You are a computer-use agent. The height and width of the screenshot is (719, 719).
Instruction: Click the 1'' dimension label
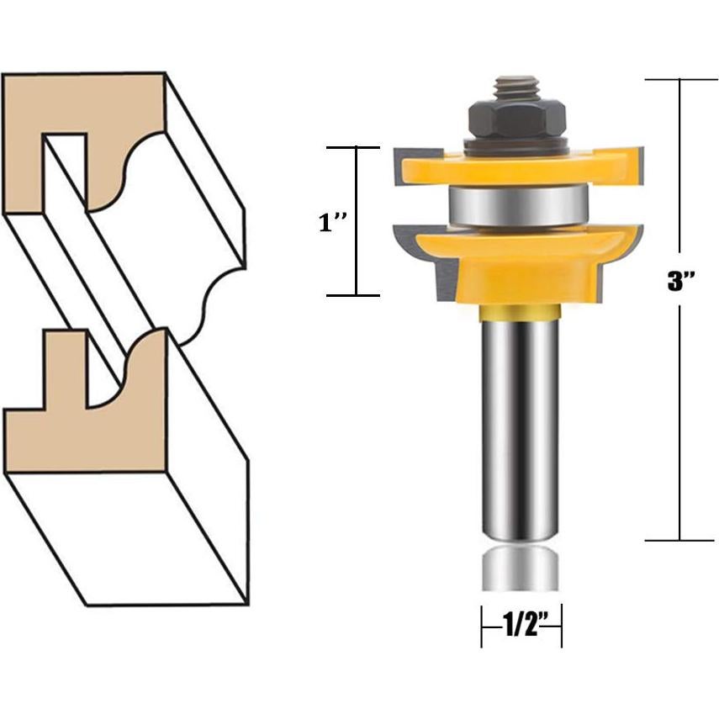click(330, 224)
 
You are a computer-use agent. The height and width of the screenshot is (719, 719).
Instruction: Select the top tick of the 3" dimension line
click(680, 79)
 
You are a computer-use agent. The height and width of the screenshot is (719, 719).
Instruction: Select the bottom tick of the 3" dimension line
click(680, 540)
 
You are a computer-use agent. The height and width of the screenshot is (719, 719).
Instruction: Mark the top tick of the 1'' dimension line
click(354, 147)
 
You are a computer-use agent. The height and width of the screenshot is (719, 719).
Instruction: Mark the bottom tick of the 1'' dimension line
click(354, 295)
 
